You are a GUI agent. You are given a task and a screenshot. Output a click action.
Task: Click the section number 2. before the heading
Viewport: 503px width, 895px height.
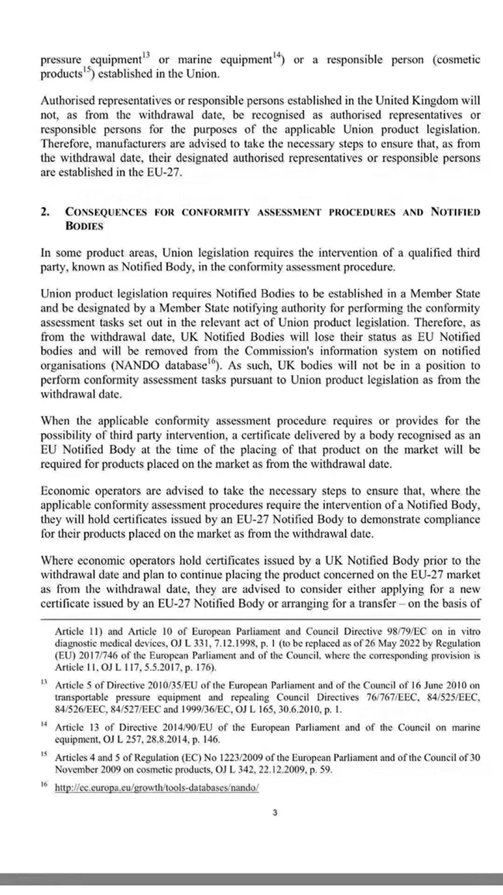tap(45, 212)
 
